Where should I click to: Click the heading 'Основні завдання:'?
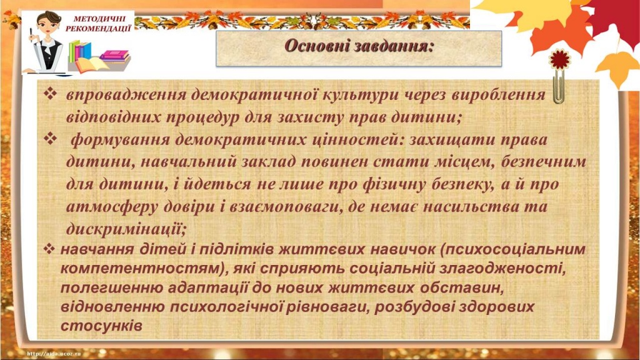[x=359, y=46]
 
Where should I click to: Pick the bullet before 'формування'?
[x=51, y=138]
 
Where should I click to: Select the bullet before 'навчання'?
[x=52, y=249]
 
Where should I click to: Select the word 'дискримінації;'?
[x=126, y=227]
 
